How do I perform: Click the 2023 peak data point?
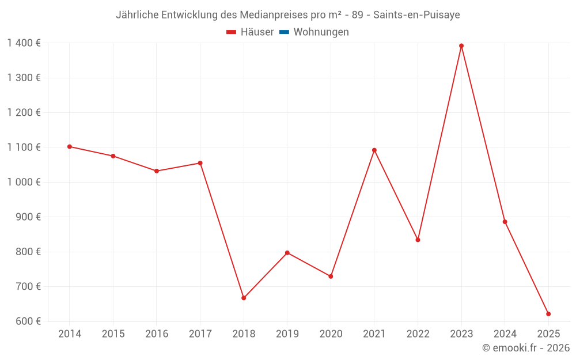tap(461, 46)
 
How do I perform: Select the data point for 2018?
tap(244, 298)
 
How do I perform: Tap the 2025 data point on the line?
tap(548, 314)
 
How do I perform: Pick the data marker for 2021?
tap(374, 150)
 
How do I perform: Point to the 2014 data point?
tap(70, 147)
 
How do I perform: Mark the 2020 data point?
tap(331, 276)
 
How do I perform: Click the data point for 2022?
tap(418, 240)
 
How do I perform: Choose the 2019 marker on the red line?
tap(287, 253)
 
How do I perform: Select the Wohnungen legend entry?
tap(321, 32)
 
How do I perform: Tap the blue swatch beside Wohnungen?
tap(284, 32)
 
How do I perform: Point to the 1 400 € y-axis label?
tap(24, 43)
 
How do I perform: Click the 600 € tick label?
tap(28, 321)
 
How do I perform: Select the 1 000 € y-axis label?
tap(24, 182)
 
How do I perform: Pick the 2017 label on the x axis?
tap(200, 334)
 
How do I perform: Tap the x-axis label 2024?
tap(505, 334)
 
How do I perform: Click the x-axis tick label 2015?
tap(113, 334)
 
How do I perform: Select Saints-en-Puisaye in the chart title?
tap(416, 15)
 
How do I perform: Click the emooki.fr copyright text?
tap(526, 348)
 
